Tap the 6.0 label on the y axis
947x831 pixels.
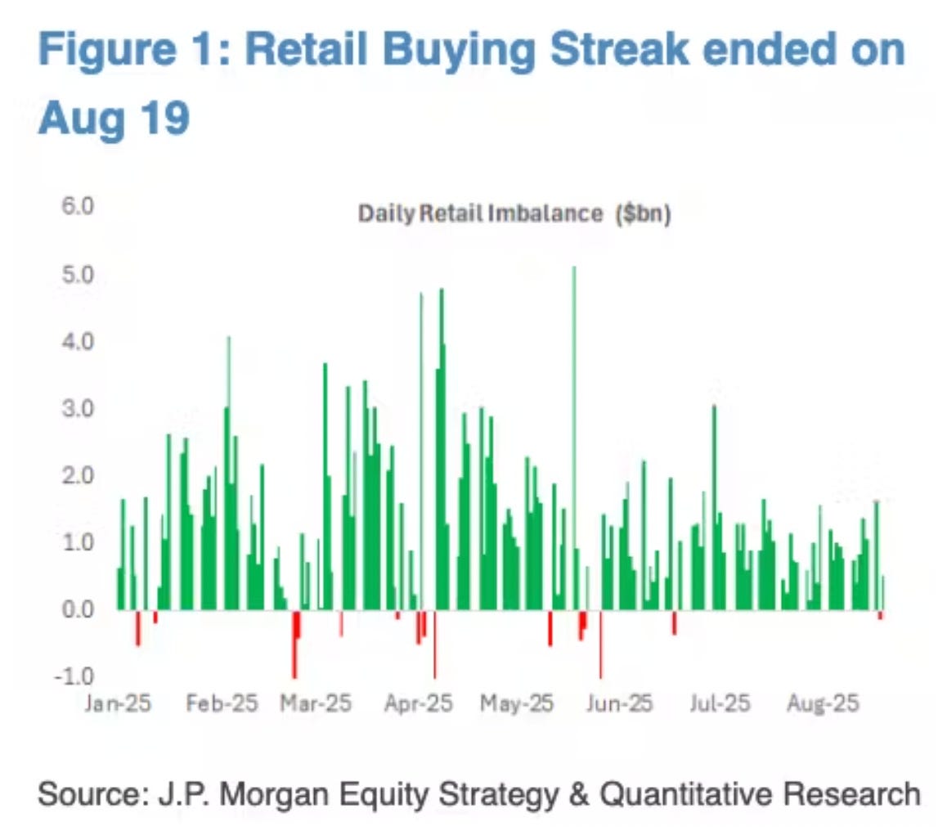point(79,207)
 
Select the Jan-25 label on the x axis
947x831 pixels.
point(118,703)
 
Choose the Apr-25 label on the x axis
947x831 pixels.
point(418,703)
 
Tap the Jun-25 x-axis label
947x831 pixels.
point(619,703)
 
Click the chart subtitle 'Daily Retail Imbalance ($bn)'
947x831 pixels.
point(514,214)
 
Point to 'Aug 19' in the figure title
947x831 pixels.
point(114,118)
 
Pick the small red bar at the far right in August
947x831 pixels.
point(880,614)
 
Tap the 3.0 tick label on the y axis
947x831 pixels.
point(79,408)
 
